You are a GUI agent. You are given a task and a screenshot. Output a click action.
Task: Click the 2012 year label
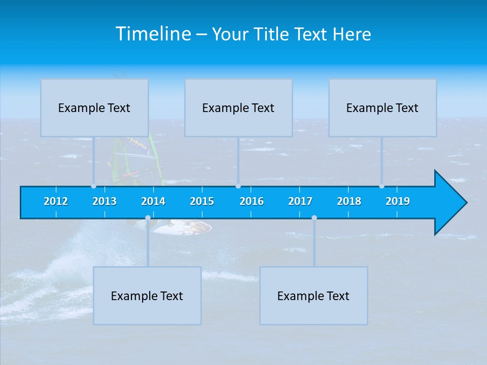pos(56,201)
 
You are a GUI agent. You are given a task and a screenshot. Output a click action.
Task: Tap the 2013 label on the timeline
pos(105,201)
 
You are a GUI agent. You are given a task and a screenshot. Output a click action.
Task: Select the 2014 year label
pos(153,201)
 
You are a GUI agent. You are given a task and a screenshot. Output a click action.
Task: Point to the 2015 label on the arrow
pos(202,201)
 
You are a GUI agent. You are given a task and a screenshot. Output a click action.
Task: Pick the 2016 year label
pos(252,201)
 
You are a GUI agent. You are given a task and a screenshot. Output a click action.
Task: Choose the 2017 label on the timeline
pos(300,201)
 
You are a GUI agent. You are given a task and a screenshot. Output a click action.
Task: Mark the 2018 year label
pos(349,201)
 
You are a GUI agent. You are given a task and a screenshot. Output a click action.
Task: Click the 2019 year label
pos(398,201)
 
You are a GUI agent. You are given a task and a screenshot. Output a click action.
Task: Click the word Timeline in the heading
pos(152,34)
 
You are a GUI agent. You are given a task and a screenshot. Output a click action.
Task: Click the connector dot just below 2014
pos(148,218)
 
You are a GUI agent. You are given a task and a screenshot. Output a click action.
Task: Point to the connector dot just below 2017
pos(314,218)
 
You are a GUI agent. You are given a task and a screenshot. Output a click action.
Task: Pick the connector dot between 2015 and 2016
pos(238,186)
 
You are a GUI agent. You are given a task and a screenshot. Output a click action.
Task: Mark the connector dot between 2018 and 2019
pos(381,186)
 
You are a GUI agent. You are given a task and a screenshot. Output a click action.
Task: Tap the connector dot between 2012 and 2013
pos(93,186)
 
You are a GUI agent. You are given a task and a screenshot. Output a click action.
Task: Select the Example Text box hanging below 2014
pos(147,296)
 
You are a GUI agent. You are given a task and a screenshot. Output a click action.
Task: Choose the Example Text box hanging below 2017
pos(314,296)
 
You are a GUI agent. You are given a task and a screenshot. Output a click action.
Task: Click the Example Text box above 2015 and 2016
pos(238,107)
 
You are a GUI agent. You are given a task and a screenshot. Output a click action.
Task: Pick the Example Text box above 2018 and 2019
pos(382,107)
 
